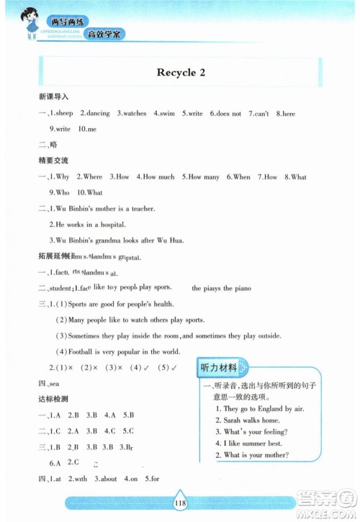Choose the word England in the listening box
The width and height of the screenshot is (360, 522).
(262, 408)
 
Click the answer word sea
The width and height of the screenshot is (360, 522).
(52, 383)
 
